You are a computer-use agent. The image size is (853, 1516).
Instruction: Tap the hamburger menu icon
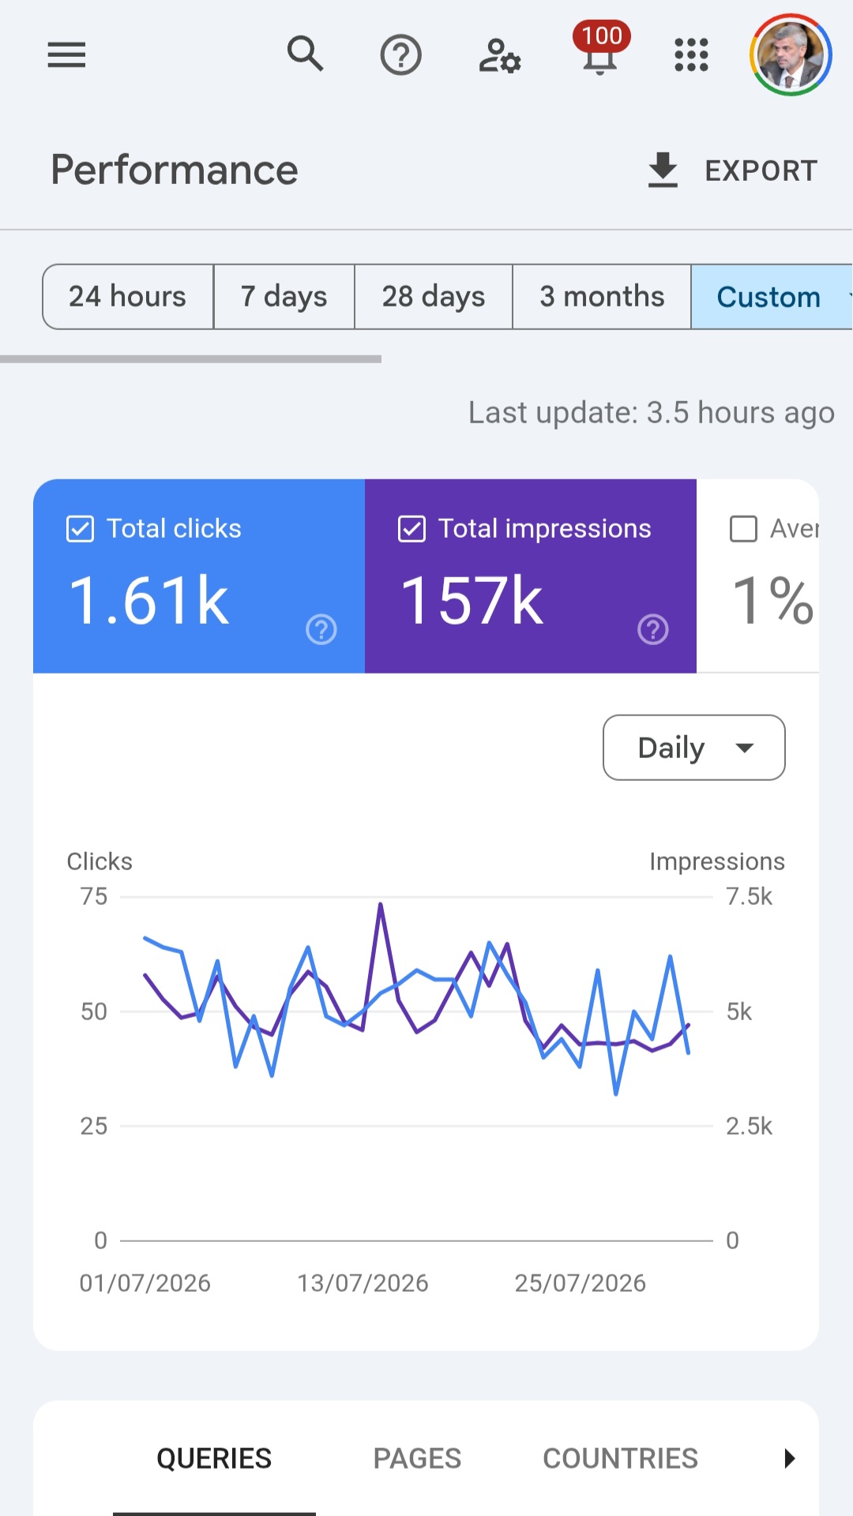66,55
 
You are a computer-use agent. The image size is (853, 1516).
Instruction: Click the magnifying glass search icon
305,54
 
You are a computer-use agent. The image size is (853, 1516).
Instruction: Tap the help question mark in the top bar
401,55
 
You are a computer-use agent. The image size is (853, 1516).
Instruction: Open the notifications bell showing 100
601,49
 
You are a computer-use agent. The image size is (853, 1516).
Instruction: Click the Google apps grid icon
691,55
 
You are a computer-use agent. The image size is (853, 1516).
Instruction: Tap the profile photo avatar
791,55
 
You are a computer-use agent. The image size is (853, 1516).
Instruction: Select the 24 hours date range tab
128,297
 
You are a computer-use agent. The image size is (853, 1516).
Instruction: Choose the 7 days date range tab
284,297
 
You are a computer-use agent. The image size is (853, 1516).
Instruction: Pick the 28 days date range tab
434,297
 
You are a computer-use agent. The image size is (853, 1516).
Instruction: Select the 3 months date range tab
602,297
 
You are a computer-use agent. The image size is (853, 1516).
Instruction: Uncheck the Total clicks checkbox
81,529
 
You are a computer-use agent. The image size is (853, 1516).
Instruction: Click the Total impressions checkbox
412,529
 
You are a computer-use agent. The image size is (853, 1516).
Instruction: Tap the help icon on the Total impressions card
653,629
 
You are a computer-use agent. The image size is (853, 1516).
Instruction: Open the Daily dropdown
694,748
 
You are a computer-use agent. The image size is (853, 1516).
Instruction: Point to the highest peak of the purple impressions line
381,904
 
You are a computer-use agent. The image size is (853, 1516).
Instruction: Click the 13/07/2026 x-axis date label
363,1283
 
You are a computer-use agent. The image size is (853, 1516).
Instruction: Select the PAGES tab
417,1458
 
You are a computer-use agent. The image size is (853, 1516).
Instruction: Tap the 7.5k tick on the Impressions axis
749,897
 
